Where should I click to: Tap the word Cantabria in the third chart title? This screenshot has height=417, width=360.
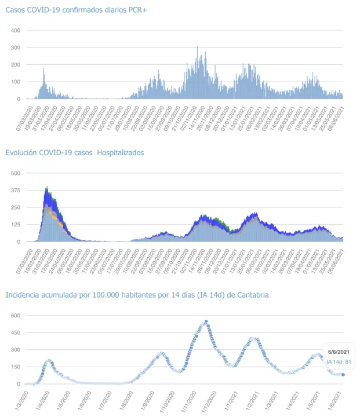pos(251,295)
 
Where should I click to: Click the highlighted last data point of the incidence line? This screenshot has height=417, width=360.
pos(343,375)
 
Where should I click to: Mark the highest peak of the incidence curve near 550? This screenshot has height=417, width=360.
pos(206,321)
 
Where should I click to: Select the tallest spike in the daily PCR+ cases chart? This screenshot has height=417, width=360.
pos(197,47)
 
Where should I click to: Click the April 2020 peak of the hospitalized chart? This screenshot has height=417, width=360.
pos(46,188)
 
